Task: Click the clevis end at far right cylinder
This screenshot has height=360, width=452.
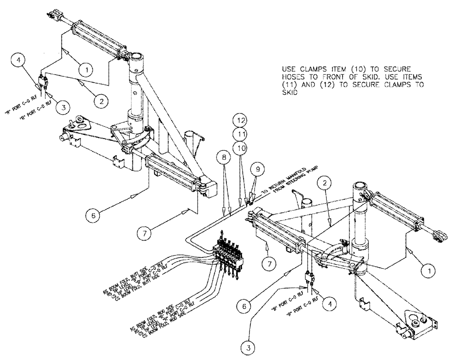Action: pos(438,235)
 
